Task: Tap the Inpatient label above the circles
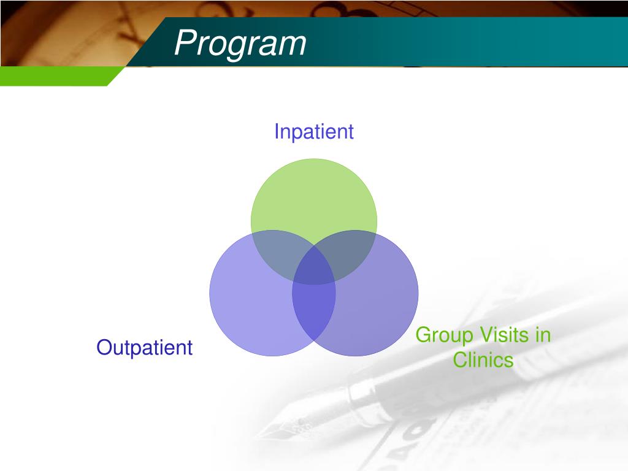click(314, 132)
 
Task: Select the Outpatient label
click(145, 347)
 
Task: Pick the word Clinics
click(483, 359)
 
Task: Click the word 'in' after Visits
click(543, 335)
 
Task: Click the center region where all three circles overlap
click(314, 269)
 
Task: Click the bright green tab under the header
click(56, 76)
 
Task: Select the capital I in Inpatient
click(277, 131)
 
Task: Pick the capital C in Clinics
click(461, 359)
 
